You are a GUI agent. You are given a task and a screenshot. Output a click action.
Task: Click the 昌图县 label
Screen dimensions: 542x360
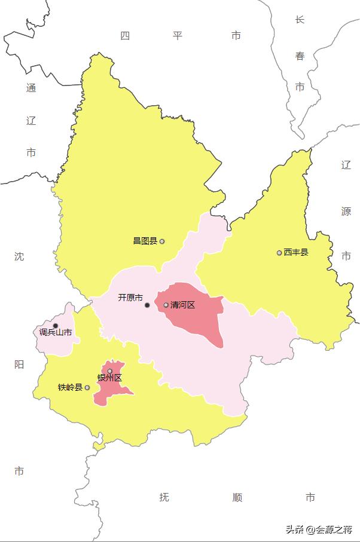coord(145,241)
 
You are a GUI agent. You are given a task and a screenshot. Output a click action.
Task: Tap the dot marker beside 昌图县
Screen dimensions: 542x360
coord(162,241)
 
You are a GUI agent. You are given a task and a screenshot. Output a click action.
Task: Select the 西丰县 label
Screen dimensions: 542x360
coord(296,252)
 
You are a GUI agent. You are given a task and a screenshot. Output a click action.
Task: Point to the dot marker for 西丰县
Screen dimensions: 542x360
coord(279,253)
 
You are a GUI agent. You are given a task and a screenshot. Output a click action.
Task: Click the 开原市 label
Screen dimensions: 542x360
coord(130,298)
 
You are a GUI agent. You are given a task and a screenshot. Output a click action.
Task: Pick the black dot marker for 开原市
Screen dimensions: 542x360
coord(147,305)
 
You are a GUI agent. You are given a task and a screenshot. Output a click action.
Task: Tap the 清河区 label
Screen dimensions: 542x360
coord(182,305)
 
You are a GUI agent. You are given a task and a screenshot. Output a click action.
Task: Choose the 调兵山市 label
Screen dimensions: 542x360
coord(56,333)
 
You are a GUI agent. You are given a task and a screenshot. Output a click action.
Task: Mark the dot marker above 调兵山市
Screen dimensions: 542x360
coord(56,326)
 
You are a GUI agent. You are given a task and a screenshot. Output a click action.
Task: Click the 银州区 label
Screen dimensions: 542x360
coord(109,378)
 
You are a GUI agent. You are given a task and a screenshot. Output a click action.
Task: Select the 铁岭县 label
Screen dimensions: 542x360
coord(70,387)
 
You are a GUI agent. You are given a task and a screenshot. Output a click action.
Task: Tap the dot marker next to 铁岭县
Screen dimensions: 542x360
coord(87,387)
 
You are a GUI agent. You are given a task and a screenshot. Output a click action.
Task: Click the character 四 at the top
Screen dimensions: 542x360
coord(125,36)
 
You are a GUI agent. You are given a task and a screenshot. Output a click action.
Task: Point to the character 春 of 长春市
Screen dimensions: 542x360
coord(300,57)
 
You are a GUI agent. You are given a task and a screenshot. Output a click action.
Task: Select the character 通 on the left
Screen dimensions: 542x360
coord(31,88)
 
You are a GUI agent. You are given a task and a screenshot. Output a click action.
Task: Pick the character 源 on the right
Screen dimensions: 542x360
coord(346,211)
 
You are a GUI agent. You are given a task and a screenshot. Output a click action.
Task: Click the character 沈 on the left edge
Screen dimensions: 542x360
coord(19,256)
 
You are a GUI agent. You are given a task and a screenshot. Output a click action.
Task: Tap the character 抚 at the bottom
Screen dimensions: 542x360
coord(164,497)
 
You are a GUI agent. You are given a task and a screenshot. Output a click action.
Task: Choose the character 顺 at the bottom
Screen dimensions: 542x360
coord(237,497)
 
